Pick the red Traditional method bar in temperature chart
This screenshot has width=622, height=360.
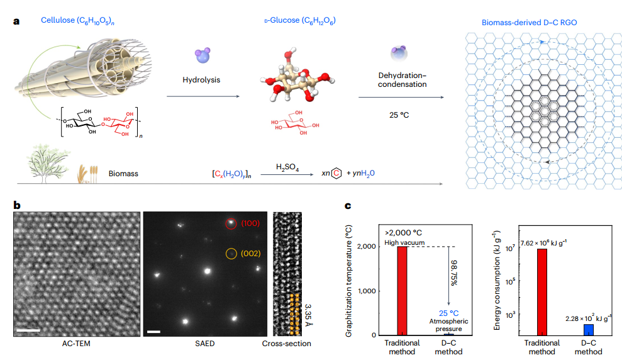point(401,291)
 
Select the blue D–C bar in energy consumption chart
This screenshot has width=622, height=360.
point(588,329)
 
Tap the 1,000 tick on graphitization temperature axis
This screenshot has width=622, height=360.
point(367,291)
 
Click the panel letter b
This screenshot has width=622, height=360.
point(16,206)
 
